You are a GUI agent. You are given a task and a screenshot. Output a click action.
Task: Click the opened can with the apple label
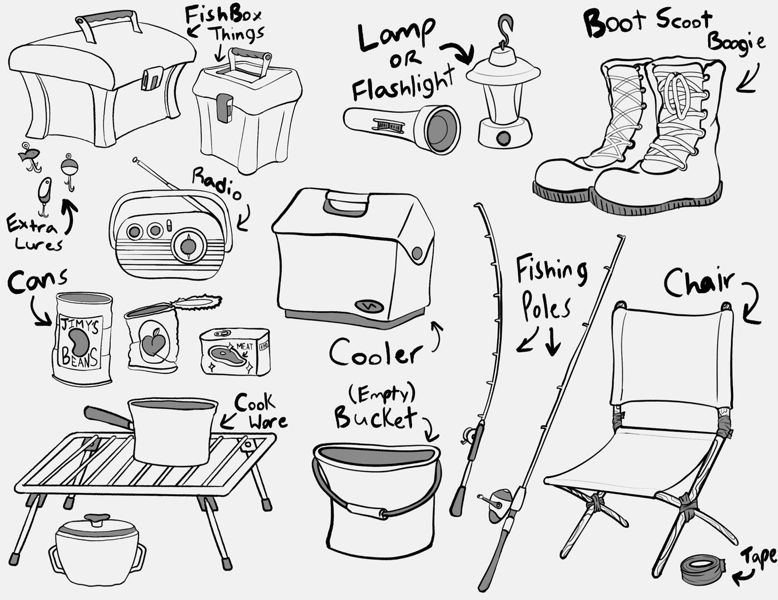[x=152, y=339]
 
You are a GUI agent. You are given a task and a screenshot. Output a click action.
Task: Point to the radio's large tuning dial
[x=190, y=246]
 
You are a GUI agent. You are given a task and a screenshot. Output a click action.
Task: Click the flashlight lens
[x=443, y=130]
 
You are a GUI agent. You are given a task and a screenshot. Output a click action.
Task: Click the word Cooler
[x=375, y=353]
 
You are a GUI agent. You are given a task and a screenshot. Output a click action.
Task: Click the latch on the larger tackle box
[x=151, y=78]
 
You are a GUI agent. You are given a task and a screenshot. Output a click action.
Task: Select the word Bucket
[x=375, y=418]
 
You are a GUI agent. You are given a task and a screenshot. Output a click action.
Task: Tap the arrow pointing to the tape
[x=742, y=578]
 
